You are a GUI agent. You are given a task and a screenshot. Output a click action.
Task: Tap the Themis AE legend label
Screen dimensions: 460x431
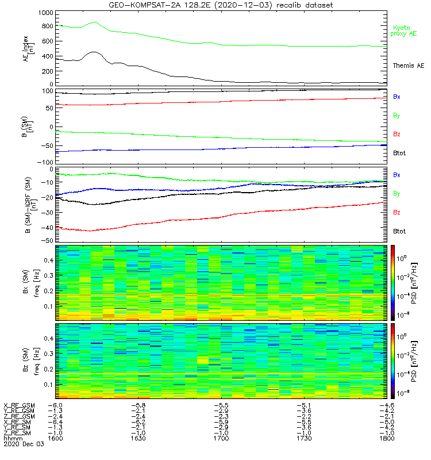coord(408,66)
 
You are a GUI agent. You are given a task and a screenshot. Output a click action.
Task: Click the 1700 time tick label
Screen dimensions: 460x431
coord(222,438)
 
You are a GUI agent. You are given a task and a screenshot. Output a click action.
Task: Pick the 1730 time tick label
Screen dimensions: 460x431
coord(304,438)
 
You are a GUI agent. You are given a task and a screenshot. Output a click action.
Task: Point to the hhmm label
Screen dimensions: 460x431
coord(11,438)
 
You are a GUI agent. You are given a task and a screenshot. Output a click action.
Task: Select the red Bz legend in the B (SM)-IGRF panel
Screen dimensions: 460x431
coord(397,213)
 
